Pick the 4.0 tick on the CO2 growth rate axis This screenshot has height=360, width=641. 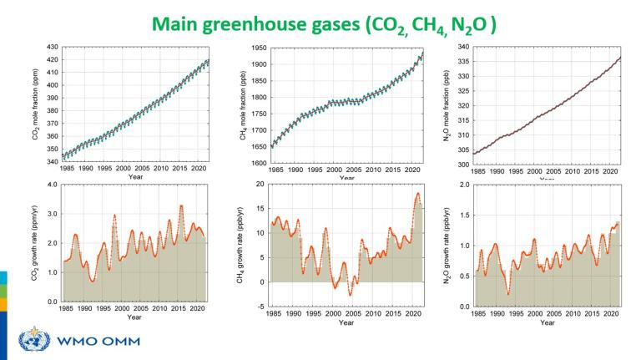(x=52, y=184)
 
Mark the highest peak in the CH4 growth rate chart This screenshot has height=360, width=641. (x=417, y=194)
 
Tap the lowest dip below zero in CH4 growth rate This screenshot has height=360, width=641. (x=351, y=295)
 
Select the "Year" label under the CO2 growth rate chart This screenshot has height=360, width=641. (x=134, y=317)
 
